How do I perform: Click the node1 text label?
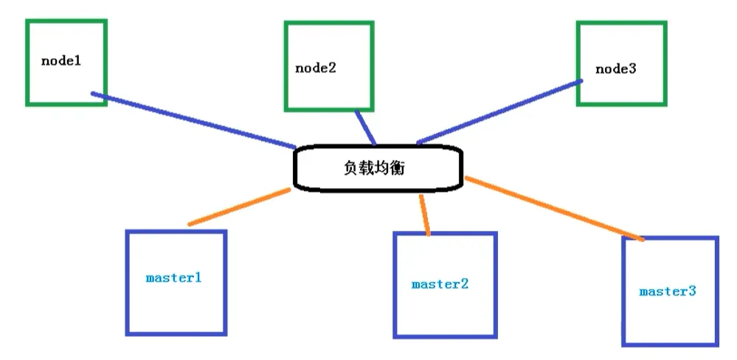click(x=60, y=60)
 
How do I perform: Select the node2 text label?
click(x=316, y=68)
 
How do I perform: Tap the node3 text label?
click(x=615, y=69)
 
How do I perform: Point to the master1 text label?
click(x=173, y=278)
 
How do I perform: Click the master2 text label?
click(x=440, y=283)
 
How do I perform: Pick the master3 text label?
click(x=668, y=291)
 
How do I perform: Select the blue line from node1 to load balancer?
click(x=192, y=120)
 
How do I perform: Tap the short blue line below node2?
click(x=366, y=128)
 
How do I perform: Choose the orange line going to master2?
click(x=424, y=215)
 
